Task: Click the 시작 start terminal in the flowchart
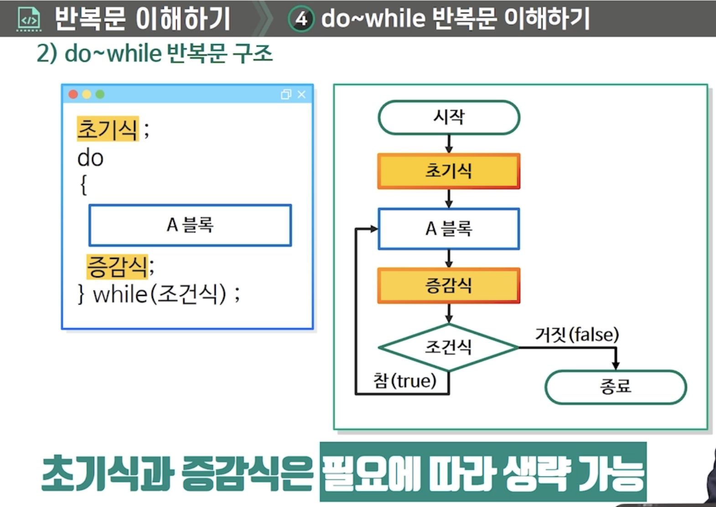click(x=449, y=118)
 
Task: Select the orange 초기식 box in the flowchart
click(x=449, y=171)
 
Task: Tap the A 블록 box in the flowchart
click(x=449, y=229)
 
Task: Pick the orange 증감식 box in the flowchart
click(x=449, y=286)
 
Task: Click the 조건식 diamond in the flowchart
click(x=449, y=347)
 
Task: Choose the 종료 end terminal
click(x=615, y=387)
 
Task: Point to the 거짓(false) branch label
click(x=577, y=335)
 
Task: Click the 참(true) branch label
click(x=405, y=381)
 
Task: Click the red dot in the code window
click(x=73, y=94)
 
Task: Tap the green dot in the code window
click(x=100, y=94)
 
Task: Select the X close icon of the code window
click(x=301, y=94)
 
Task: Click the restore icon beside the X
click(x=286, y=94)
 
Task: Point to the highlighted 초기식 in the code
click(x=108, y=129)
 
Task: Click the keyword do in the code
click(x=90, y=158)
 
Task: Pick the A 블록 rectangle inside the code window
click(x=190, y=225)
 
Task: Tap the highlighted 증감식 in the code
click(x=117, y=267)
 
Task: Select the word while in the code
click(x=120, y=294)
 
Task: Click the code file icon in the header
click(x=29, y=20)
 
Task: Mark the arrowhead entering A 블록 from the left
click(x=374, y=229)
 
